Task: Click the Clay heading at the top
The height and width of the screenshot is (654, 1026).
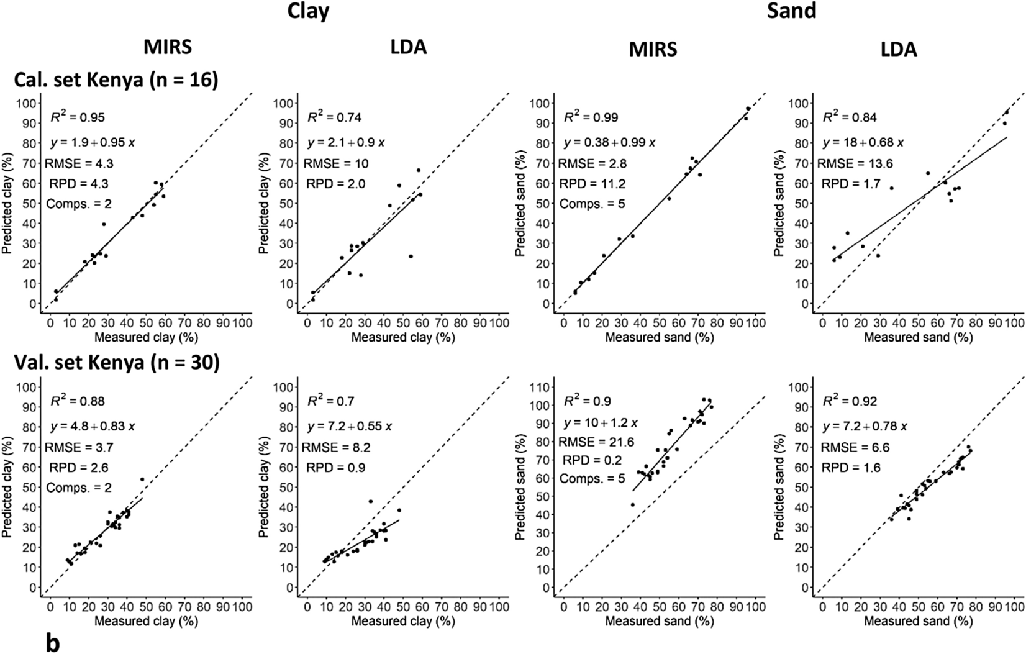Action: tap(308, 12)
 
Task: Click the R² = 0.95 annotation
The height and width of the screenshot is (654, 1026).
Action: tap(78, 117)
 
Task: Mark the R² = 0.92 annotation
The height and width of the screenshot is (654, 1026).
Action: tap(850, 402)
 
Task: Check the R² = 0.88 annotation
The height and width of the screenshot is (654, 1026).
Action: tap(78, 402)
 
